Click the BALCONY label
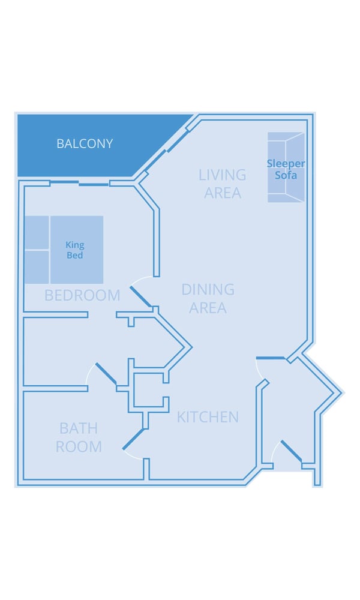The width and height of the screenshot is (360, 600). pyautogui.click(x=85, y=144)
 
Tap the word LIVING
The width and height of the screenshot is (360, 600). pyautogui.click(x=222, y=175)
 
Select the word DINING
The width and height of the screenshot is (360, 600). pyautogui.click(x=208, y=290)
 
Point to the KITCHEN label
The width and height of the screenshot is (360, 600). pyautogui.click(x=208, y=417)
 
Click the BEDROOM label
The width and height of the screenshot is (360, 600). pyautogui.click(x=82, y=295)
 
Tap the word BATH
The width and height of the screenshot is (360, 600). pyautogui.click(x=78, y=428)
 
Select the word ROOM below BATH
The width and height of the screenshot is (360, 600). pyautogui.click(x=78, y=447)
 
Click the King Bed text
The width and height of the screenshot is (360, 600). pyautogui.click(x=76, y=250)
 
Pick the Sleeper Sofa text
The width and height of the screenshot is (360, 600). pyautogui.click(x=286, y=169)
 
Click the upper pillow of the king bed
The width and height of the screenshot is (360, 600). pyautogui.click(x=37, y=233)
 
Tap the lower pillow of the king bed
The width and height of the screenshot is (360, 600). pyautogui.click(x=37, y=267)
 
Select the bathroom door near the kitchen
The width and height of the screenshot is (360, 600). pyautogui.click(x=133, y=439)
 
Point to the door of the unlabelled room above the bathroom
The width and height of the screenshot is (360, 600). pyautogui.click(x=106, y=373)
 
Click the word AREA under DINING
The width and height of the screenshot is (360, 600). pyautogui.click(x=208, y=308)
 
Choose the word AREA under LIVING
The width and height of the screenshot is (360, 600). pyautogui.click(x=222, y=193)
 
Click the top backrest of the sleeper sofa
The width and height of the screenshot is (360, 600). pyautogui.click(x=286, y=137)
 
